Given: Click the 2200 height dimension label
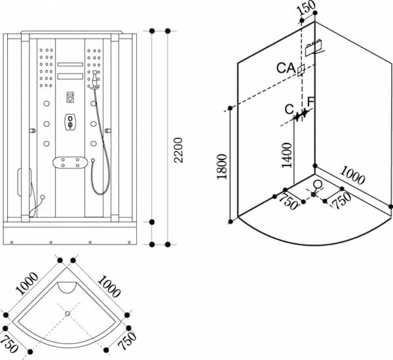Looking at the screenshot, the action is tap(178, 150).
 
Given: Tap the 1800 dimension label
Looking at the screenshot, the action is tap(222, 167).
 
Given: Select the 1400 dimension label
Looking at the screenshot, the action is tap(287, 155).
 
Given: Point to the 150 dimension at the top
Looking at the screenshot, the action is tap(305, 8).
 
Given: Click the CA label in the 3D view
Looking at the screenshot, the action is tap(286, 68).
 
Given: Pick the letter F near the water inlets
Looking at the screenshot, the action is tap(311, 102).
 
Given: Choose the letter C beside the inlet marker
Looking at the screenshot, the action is tap(289, 109).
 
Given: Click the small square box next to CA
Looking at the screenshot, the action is tap(301, 70).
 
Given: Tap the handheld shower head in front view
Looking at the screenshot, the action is tap(94, 80).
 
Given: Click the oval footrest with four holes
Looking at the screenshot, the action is tap(70, 163).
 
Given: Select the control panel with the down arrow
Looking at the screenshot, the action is tap(70, 97).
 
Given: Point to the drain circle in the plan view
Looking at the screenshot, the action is tap(67, 314).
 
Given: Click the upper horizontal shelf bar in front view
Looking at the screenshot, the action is tap(70, 64).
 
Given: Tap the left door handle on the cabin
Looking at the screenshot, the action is tap(32, 131).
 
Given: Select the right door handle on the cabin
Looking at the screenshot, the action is tap(108, 131).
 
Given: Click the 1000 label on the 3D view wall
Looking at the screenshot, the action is tap(352, 176).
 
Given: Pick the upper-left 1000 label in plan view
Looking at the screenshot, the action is tap(27, 283).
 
